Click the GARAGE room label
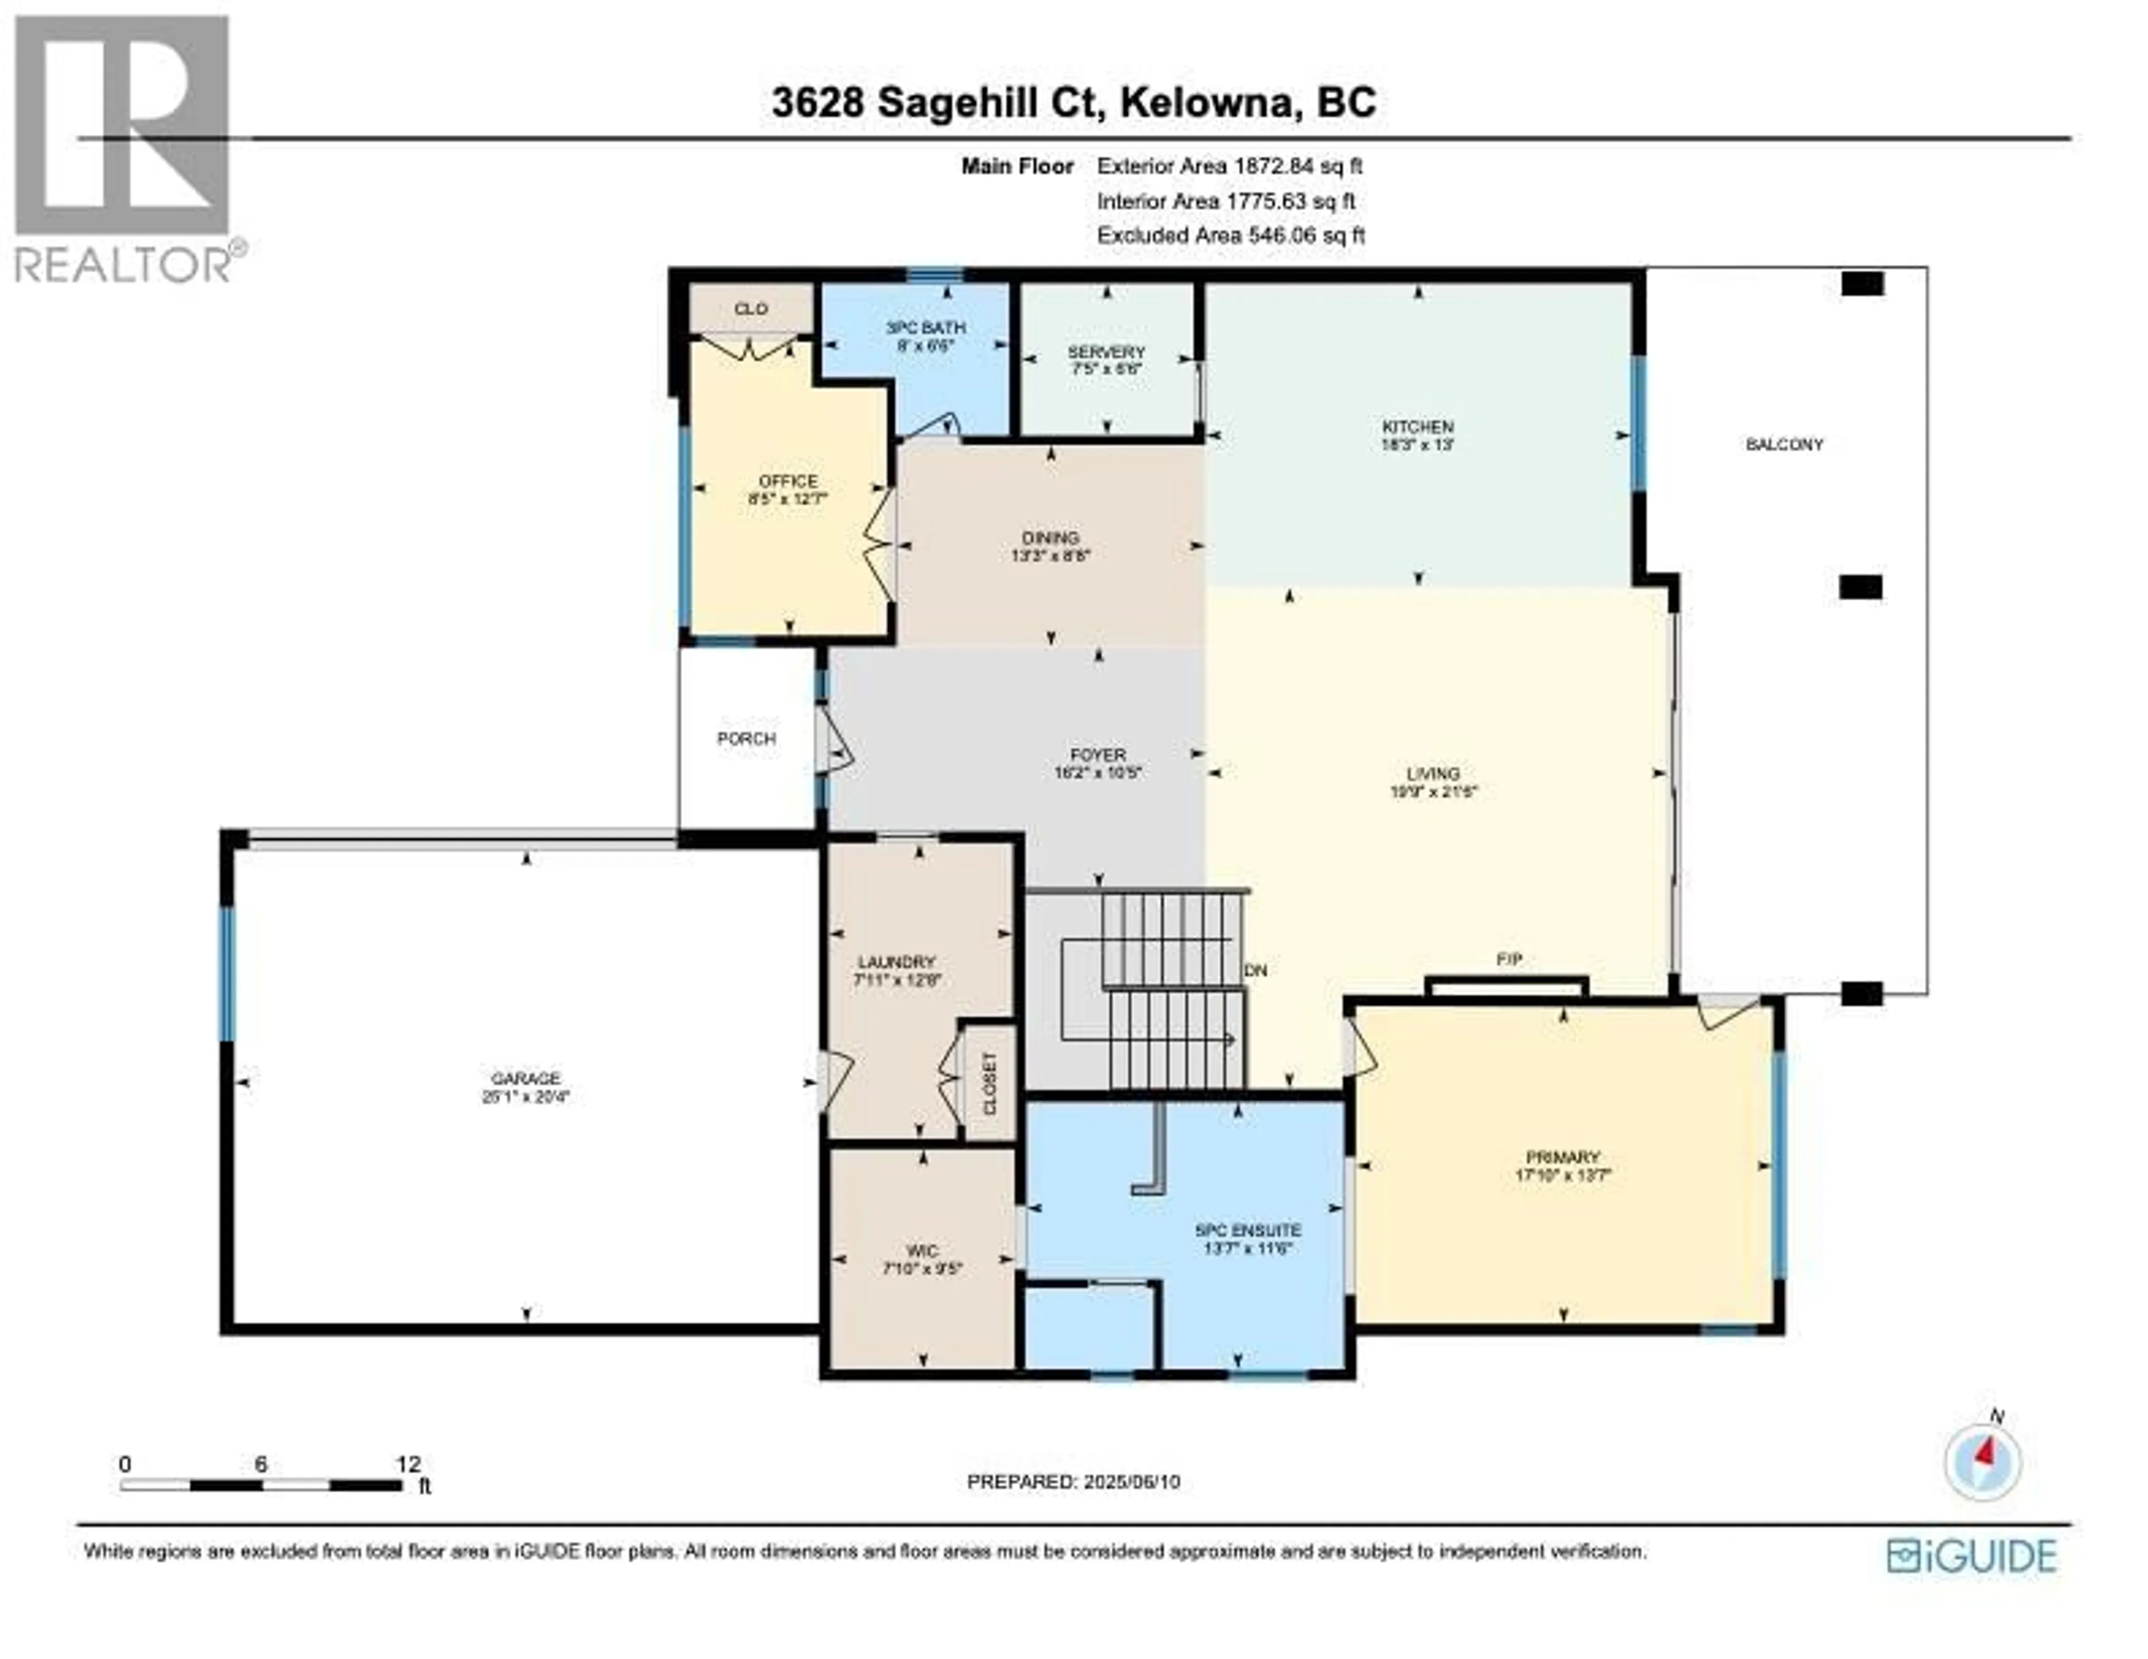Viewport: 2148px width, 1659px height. pyautogui.click(x=526, y=1078)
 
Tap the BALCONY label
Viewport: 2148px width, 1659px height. pyautogui.click(x=1784, y=445)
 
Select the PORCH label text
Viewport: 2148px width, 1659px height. pyautogui.click(x=747, y=739)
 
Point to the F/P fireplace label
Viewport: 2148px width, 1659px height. pyautogui.click(x=1509, y=959)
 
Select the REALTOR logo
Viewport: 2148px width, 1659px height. pyautogui.click(x=123, y=148)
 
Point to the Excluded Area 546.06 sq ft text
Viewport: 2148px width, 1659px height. pyautogui.click(x=1231, y=235)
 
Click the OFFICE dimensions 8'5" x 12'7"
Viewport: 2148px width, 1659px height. pyautogui.click(x=788, y=499)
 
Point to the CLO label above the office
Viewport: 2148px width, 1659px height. pyautogui.click(x=751, y=309)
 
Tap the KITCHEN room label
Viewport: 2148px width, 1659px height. pyautogui.click(x=1417, y=427)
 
